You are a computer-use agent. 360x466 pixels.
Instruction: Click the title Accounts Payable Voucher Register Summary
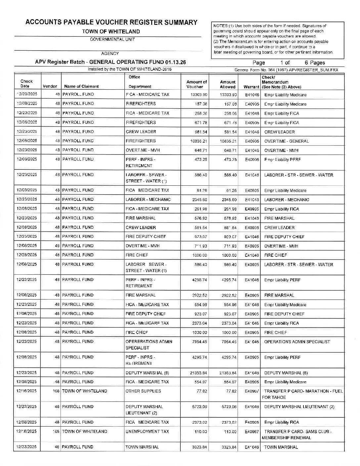coord(111,23)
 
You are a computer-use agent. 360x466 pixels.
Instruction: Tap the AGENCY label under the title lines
coord(110,53)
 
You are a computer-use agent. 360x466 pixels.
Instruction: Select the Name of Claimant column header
coord(81,86)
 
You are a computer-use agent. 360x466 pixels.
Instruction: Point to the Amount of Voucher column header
coord(197,84)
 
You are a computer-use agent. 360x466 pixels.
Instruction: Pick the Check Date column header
coord(26,83)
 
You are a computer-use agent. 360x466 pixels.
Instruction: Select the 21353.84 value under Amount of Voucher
coord(199,373)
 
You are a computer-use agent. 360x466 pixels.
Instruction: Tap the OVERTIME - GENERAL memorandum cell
coord(287,141)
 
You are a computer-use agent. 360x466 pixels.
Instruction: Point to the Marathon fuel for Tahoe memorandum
coord(302,394)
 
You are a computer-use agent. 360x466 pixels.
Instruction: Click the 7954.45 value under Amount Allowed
coord(228,342)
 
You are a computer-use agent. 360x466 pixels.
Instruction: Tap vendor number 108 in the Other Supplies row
coord(56,391)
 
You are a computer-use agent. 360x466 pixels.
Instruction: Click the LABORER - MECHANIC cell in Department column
coord(148,199)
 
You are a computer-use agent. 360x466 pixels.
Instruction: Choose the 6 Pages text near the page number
coord(315,63)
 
